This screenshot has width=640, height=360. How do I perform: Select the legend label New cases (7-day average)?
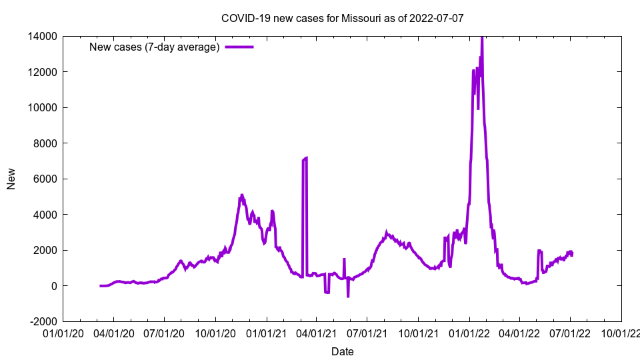155,47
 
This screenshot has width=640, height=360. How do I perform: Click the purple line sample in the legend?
239,47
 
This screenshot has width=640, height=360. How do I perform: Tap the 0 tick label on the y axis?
54,286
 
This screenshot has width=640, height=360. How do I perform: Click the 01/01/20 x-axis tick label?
64,333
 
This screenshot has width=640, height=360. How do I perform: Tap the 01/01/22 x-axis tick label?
470,333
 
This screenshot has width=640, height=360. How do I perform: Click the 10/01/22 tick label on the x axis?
621,333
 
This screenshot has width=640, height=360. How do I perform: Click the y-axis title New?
11,179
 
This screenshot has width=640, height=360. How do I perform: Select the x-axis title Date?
343,351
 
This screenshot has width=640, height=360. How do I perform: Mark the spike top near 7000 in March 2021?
306,158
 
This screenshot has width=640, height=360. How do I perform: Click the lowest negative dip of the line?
348,296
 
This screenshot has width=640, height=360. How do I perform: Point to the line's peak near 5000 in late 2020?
242,195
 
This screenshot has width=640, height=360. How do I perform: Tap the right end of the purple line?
572,254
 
